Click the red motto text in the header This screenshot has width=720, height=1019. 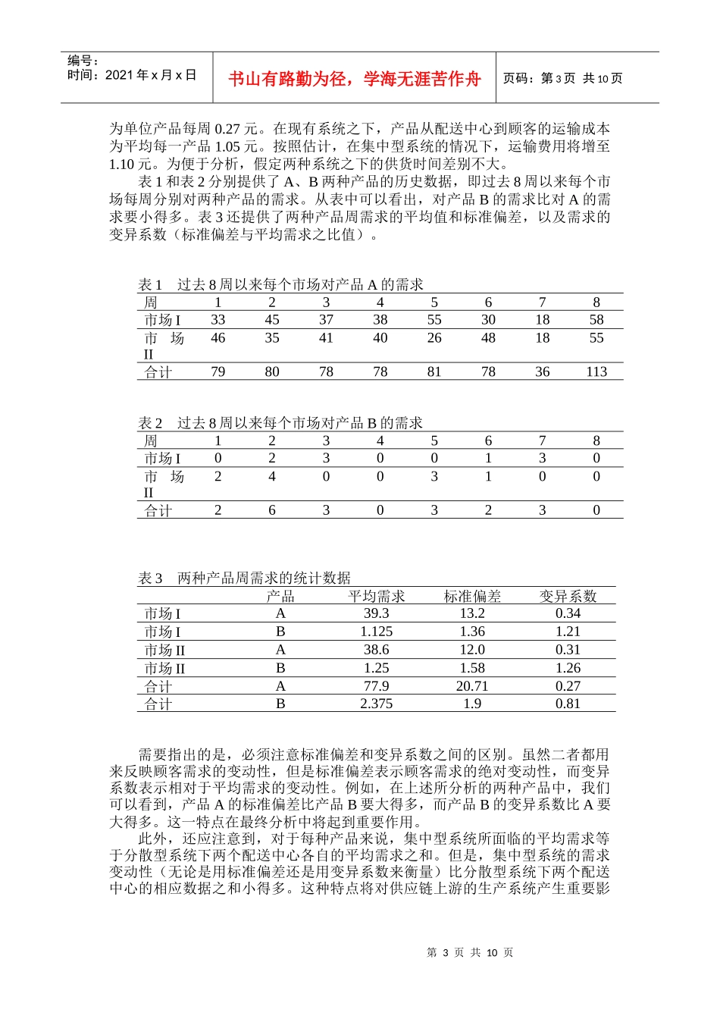354,79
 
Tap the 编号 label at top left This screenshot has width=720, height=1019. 83,61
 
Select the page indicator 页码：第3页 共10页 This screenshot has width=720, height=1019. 562,79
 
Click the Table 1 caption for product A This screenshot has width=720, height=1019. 280,284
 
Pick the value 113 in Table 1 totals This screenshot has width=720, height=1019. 596,372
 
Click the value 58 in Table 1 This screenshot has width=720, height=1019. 596,320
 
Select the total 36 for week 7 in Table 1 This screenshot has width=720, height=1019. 542,372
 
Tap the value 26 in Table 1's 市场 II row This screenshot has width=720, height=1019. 434,338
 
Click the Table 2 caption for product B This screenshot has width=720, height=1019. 280,423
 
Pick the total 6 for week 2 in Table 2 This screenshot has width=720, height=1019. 272,510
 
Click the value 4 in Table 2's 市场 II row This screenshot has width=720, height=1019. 272,477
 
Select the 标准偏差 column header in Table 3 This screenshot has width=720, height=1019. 472,597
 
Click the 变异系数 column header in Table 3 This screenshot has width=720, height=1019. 568,597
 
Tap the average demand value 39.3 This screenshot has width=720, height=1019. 376,613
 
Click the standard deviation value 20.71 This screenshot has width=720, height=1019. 472,686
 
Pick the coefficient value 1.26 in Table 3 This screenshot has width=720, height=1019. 568,668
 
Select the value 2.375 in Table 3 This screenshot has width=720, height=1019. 376,704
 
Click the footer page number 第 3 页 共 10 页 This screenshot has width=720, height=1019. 470,952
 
